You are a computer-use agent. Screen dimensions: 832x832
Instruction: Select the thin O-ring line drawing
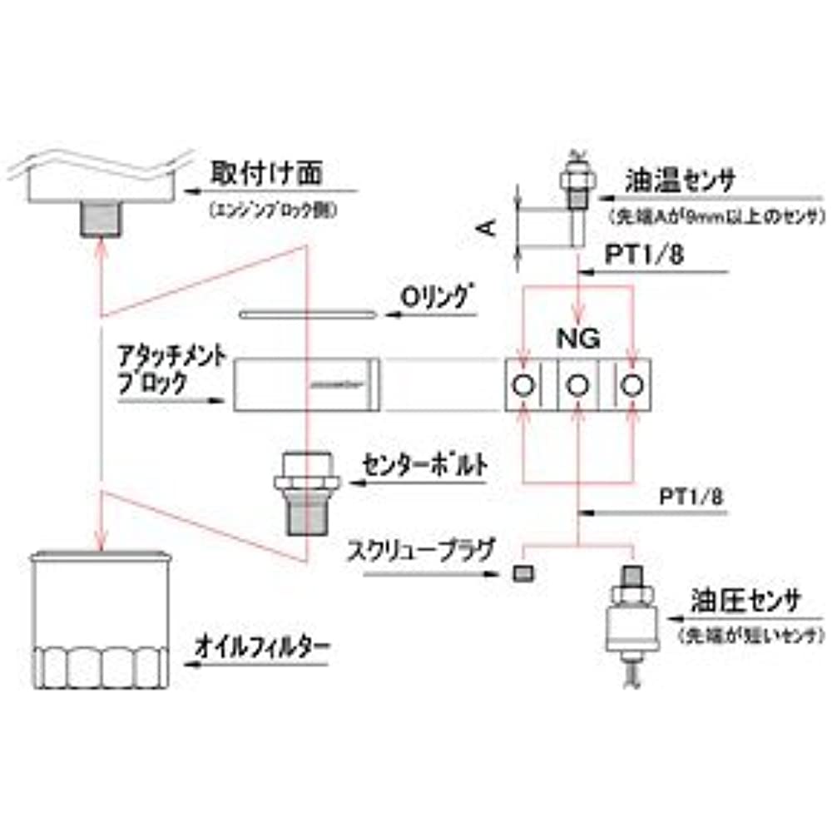click(307, 314)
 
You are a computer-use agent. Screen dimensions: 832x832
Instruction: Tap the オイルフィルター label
click(263, 645)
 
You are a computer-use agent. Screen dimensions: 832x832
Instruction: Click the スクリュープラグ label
click(423, 549)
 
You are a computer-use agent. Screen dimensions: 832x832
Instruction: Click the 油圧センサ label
click(745, 602)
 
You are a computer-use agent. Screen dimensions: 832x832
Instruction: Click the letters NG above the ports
click(578, 339)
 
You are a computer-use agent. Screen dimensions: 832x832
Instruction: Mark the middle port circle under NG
click(578, 385)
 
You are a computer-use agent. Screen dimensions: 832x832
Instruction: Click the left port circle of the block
click(523, 385)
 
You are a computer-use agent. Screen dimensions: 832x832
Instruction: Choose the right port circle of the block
click(634, 385)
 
